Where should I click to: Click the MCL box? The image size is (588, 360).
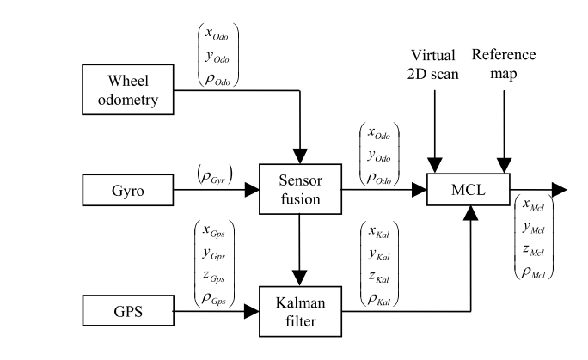point(469,188)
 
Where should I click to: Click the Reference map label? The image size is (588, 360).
point(504,64)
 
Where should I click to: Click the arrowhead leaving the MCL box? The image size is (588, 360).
point(559,188)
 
